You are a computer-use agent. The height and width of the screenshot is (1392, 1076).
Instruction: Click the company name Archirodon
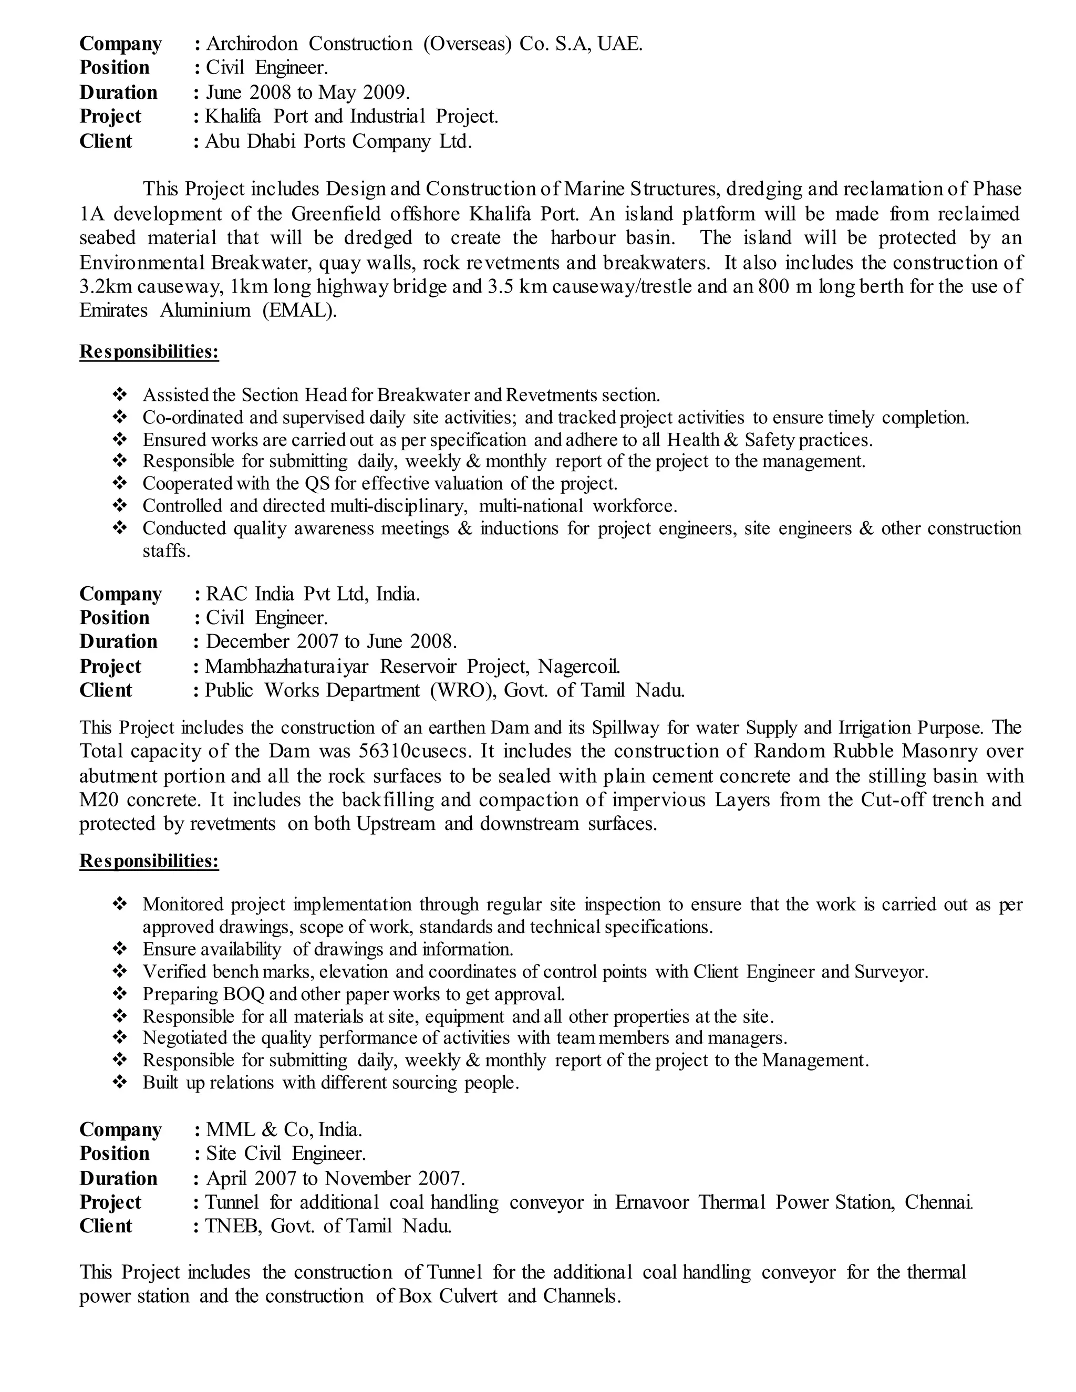click(252, 44)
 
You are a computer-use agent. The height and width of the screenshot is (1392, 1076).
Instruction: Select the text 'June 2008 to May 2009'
click(306, 93)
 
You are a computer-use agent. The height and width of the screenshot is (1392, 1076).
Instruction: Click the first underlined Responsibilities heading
click(149, 352)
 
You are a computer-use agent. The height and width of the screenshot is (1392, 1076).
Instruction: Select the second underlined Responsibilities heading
click(149, 861)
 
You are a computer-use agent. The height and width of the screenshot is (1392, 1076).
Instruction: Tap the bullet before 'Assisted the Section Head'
click(119, 395)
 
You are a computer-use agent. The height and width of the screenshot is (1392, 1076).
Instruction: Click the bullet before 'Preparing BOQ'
click(119, 994)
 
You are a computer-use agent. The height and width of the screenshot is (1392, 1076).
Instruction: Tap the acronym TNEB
click(233, 1225)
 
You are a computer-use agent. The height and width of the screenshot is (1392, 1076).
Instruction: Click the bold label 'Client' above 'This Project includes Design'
click(106, 141)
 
